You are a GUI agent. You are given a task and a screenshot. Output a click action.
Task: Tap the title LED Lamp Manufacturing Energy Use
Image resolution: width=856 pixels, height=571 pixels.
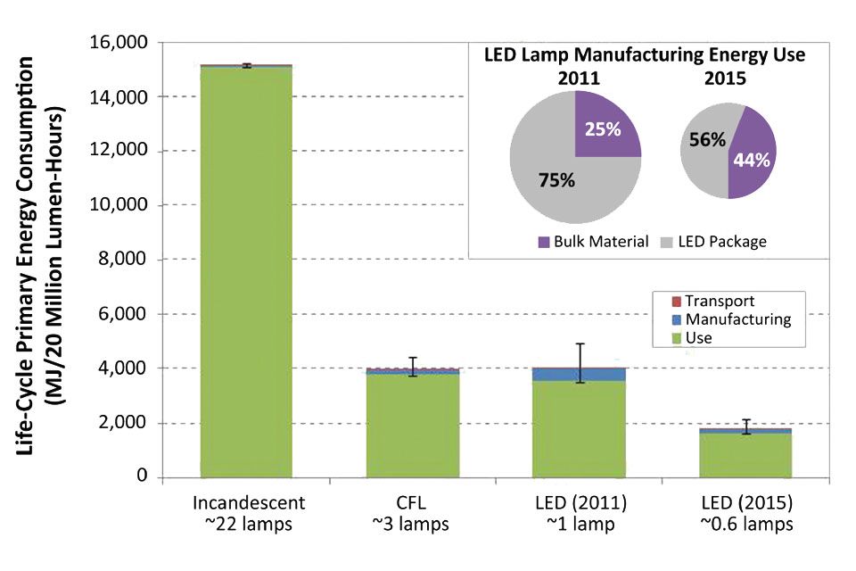pyautogui.click(x=645, y=54)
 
